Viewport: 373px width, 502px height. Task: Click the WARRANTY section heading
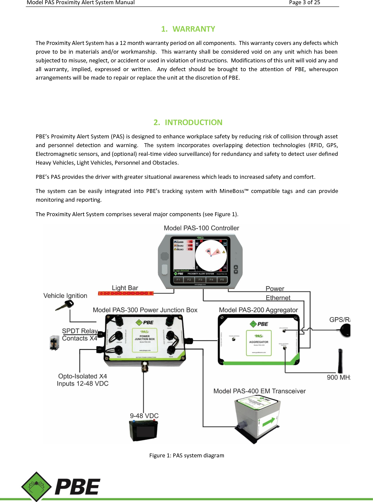(x=188, y=29)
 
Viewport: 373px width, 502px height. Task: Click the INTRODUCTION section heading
(x=188, y=122)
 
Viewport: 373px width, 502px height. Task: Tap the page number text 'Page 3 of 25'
(x=304, y=3)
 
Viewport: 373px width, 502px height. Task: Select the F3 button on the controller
(x=200, y=280)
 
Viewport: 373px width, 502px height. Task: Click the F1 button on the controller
(x=178, y=280)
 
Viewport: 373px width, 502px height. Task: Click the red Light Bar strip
(x=126, y=293)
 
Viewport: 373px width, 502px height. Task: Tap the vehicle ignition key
(x=65, y=306)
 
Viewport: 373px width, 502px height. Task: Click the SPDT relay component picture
(x=54, y=343)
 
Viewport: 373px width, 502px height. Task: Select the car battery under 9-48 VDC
(x=143, y=431)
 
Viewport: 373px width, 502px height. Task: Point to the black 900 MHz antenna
(x=340, y=361)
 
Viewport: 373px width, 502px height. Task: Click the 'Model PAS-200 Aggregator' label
(x=258, y=310)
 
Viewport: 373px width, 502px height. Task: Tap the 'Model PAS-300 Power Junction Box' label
(x=145, y=310)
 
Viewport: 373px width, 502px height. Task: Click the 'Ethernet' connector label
(x=278, y=298)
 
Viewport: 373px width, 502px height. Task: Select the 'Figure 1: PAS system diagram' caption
(x=186, y=455)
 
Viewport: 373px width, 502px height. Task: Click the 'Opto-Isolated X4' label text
(x=83, y=376)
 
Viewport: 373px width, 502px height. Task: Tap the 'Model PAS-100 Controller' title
(x=201, y=228)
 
